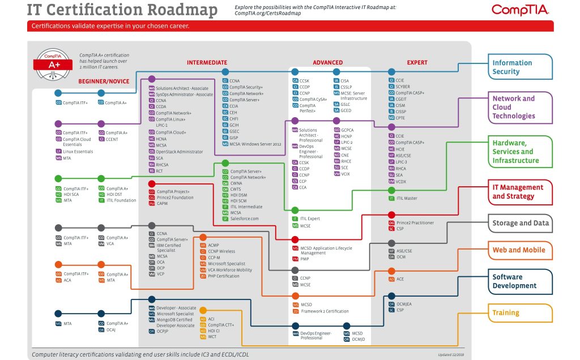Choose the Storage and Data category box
click(x=521, y=223)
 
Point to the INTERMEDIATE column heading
click(x=207, y=63)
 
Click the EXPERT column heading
click(x=417, y=63)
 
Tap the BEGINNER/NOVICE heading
click(x=104, y=82)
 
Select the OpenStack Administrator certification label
click(x=179, y=152)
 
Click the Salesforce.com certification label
click(x=244, y=218)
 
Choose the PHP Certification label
click(x=223, y=276)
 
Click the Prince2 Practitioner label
click(x=415, y=222)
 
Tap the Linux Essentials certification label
click(x=78, y=151)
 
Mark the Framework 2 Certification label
click(x=325, y=311)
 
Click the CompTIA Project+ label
click(x=173, y=191)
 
